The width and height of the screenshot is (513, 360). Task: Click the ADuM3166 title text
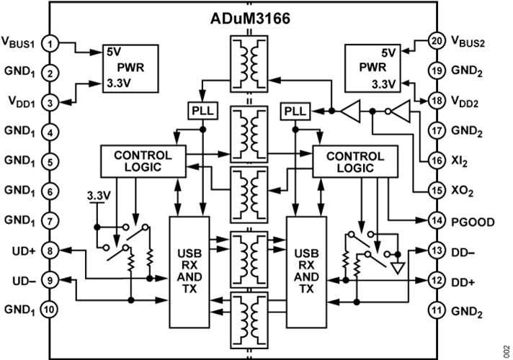pyautogui.click(x=250, y=19)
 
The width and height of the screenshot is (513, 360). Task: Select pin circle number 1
pyautogui.click(x=50, y=44)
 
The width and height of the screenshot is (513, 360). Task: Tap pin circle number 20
pyautogui.click(x=437, y=41)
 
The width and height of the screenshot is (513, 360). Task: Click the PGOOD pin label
pyautogui.click(x=473, y=222)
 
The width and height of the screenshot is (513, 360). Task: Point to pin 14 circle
pyautogui.click(x=437, y=221)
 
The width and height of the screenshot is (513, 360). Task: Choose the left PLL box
pyautogui.click(x=203, y=111)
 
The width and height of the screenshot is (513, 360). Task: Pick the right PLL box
pyautogui.click(x=295, y=111)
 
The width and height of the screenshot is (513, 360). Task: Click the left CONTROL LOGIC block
pyautogui.click(x=143, y=161)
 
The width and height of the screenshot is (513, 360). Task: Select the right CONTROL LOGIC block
pyautogui.click(x=355, y=161)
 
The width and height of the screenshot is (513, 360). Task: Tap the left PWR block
pyautogui.click(x=130, y=68)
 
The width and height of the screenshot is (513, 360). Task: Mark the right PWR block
pyautogui.click(x=373, y=68)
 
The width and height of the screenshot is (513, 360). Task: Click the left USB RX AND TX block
pyautogui.click(x=189, y=272)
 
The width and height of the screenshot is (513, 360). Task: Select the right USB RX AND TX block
pyautogui.click(x=306, y=272)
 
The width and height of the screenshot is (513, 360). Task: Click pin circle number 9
pyautogui.click(x=50, y=281)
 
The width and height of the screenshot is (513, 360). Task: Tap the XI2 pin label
pyautogui.click(x=460, y=161)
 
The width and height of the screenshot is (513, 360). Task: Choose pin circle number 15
pyautogui.click(x=437, y=191)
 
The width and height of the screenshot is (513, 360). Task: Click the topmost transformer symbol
pyautogui.click(x=249, y=64)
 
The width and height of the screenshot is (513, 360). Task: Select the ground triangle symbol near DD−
pyautogui.click(x=398, y=268)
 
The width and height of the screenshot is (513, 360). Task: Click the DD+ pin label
pyautogui.click(x=463, y=282)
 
